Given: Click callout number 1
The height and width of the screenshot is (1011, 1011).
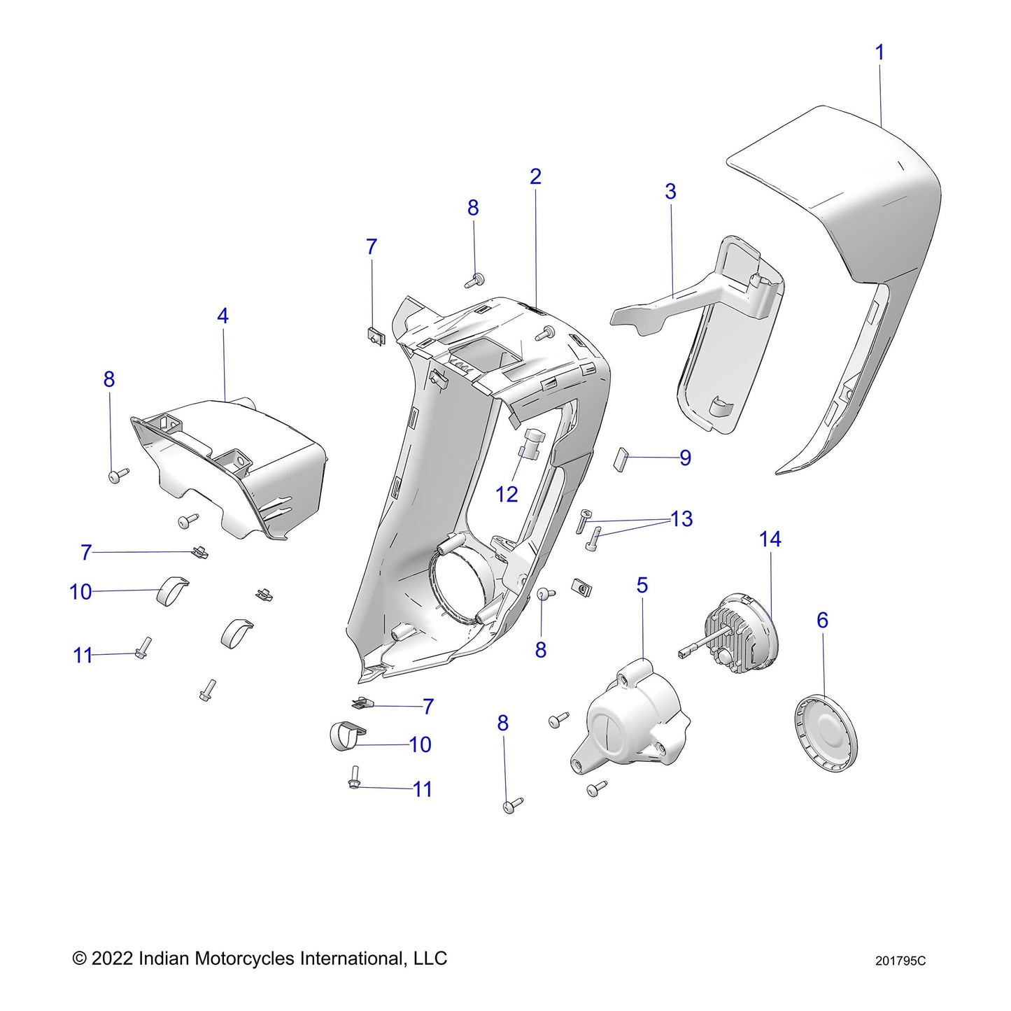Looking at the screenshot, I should (x=879, y=52).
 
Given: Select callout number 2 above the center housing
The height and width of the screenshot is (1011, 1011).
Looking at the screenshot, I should (x=535, y=176).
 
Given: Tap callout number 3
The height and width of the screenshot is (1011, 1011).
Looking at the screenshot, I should (x=670, y=192).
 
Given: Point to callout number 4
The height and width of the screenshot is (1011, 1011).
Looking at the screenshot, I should (x=222, y=316).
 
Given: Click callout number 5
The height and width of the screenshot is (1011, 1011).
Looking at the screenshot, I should (x=642, y=586).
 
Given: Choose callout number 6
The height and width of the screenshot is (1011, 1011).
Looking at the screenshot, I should (x=822, y=621).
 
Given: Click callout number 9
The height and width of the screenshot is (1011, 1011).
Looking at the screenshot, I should (x=685, y=458).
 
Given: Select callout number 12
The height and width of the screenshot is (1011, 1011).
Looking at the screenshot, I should (x=507, y=495).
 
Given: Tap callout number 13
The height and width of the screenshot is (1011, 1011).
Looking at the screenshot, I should (x=681, y=519).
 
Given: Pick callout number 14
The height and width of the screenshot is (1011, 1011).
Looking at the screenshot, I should (x=770, y=539).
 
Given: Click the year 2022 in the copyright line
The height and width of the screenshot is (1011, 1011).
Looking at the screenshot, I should (x=112, y=958).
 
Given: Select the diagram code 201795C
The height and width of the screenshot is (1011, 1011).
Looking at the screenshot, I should (x=900, y=961).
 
